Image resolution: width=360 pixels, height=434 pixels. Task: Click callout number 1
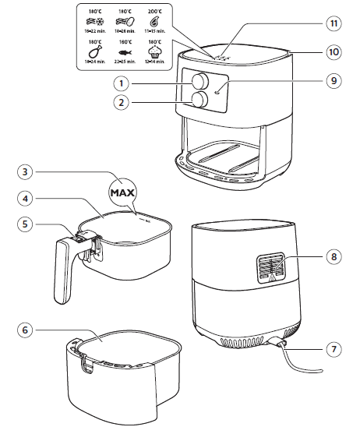pyautogui.click(x=122, y=82)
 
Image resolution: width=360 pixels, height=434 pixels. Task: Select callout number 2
pyautogui.click(x=122, y=102)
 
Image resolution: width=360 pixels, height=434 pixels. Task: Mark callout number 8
pyautogui.click(x=333, y=255)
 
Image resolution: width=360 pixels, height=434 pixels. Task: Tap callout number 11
pyautogui.click(x=333, y=24)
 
